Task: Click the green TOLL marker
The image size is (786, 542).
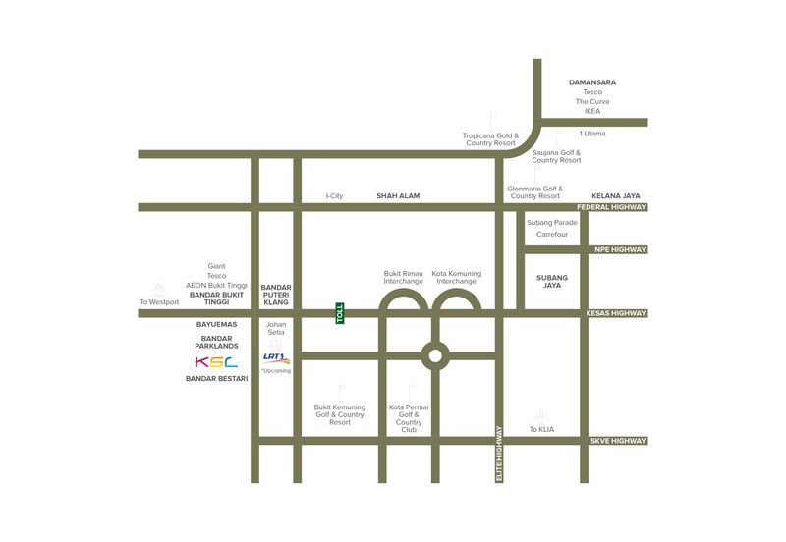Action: (x=340, y=313)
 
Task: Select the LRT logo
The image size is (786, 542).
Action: (x=275, y=358)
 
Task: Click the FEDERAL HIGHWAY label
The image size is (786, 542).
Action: (x=618, y=207)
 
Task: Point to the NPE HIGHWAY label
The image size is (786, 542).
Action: (x=621, y=249)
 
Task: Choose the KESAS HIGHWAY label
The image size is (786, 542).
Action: (x=617, y=313)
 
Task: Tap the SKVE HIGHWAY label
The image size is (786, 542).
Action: (x=619, y=441)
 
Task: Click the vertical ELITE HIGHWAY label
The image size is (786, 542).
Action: (x=499, y=453)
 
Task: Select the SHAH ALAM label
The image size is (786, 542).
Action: (x=398, y=196)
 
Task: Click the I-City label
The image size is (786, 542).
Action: (x=335, y=196)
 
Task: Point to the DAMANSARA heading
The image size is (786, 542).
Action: (x=592, y=82)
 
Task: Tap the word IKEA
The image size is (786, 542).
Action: (x=592, y=111)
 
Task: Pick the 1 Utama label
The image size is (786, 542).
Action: (x=592, y=133)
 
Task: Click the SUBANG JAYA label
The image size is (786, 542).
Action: (x=552, y=282)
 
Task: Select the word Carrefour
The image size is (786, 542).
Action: (x=552, y=235)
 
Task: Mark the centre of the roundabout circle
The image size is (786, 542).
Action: (x=434, y=354)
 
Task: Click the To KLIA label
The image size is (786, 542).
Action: (x=541, y=429)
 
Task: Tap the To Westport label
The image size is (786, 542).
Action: (x=159, y=301)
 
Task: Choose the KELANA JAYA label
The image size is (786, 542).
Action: (x=616, y=196)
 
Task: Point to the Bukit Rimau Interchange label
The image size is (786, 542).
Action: (x=403, y=277)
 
